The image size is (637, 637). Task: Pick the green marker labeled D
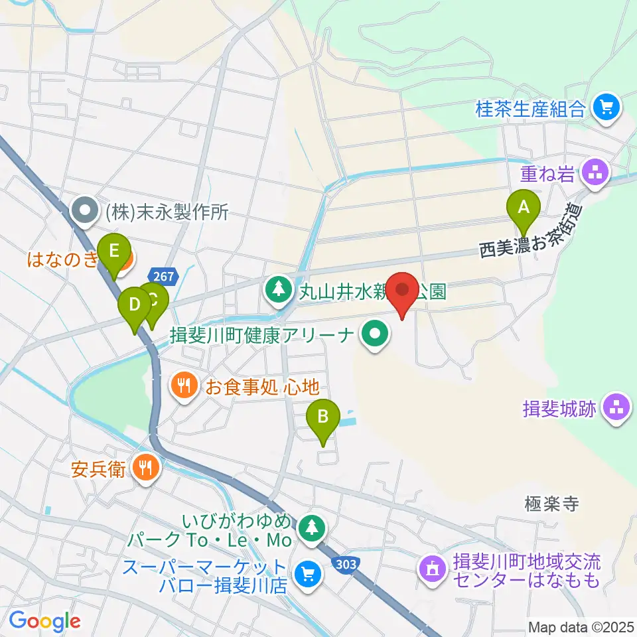click(x=135, y=305)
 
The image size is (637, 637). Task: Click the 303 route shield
click(x=345, y=563)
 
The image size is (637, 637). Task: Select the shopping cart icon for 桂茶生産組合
click(x=606, y=106)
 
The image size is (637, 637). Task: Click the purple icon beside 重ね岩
click(x=593, y=175)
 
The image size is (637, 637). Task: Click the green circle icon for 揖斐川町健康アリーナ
click(x=375, y=334)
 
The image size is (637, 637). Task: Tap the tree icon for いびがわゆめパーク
click(x=310, y=528)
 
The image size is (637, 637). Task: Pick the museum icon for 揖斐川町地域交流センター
click(x=431, y=570)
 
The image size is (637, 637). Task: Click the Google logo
click(x=44, y=620)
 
